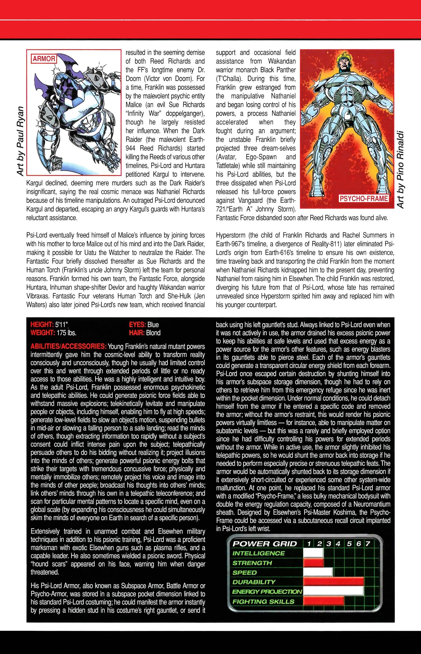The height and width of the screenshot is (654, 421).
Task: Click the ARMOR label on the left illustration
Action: [x=44, y=58]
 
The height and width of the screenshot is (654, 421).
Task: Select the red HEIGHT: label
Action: [x=42, y=325]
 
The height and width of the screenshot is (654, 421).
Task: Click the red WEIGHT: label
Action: [x=43, y=333]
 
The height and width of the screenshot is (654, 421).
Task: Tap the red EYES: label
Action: [x=137, y=325]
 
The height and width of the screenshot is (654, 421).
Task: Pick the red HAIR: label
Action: [x=137, y=333]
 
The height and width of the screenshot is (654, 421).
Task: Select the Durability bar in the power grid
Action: [x=333, y=582]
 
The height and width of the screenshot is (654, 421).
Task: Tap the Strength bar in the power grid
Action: [x=313, y=563]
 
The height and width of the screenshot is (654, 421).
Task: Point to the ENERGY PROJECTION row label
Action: [x=267, y=592]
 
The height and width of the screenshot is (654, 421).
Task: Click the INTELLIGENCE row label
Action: [x=258, y=553]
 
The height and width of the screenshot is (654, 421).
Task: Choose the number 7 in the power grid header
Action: [x=368, y=544]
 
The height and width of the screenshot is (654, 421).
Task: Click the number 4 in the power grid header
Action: [x=338, y=544]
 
